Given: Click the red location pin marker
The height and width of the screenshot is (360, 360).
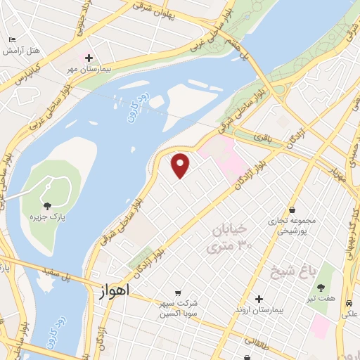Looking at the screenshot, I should click(181, 165).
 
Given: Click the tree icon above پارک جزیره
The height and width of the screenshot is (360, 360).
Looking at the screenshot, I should click(48, 206).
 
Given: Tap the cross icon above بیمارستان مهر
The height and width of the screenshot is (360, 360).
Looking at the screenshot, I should click(89, 58).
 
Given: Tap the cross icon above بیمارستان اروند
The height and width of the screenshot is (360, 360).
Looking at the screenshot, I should click(259, 299).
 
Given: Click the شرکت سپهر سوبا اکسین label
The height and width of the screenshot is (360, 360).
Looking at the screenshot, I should click(178, 307).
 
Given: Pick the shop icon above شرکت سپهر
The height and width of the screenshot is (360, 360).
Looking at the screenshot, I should click(178, 292).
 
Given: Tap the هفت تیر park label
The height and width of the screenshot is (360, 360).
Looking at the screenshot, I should click(321, 299).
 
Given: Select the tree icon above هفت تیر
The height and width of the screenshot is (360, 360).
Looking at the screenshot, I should click(321, 287).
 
